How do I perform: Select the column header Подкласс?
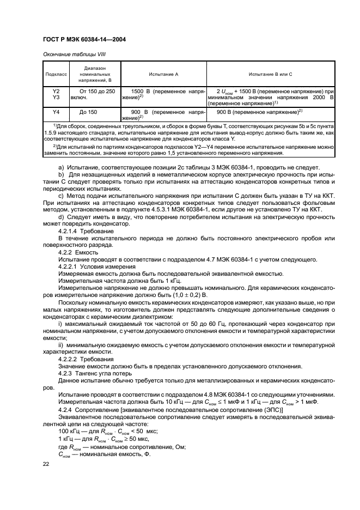click(57, 73)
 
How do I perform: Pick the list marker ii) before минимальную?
click(61, 345)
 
